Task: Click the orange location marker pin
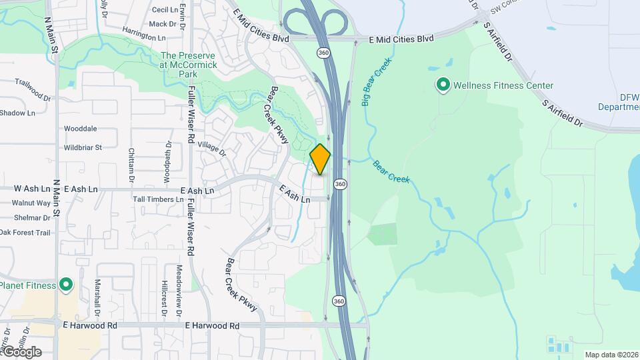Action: [321, 159]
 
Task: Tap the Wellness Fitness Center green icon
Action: [442, 85]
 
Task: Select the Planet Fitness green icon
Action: [65, 285]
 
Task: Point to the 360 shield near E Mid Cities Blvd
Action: [323, 52]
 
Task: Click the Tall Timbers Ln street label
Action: [158, 199]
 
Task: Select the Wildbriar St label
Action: [83, 147]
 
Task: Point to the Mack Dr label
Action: [162, 24]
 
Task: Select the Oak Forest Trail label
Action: [25, 233]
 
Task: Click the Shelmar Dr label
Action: [31, 217]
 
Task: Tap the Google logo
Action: [21, 352]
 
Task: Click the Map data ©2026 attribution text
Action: [611, 355]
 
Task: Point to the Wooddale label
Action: [80, 128]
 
